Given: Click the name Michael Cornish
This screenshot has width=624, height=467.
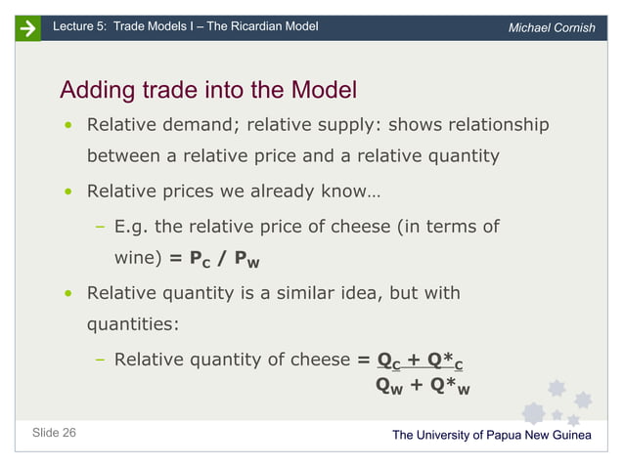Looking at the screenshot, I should click(552, 27).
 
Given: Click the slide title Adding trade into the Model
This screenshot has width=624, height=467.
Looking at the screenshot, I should click(208, 91).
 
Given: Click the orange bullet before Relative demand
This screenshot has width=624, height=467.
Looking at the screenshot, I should click(67, 126).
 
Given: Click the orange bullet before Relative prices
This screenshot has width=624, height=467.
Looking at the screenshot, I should click(67, 191).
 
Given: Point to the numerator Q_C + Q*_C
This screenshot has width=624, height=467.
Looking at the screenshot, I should click(419, 361).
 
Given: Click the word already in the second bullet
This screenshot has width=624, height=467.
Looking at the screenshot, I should click(275, 191).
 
